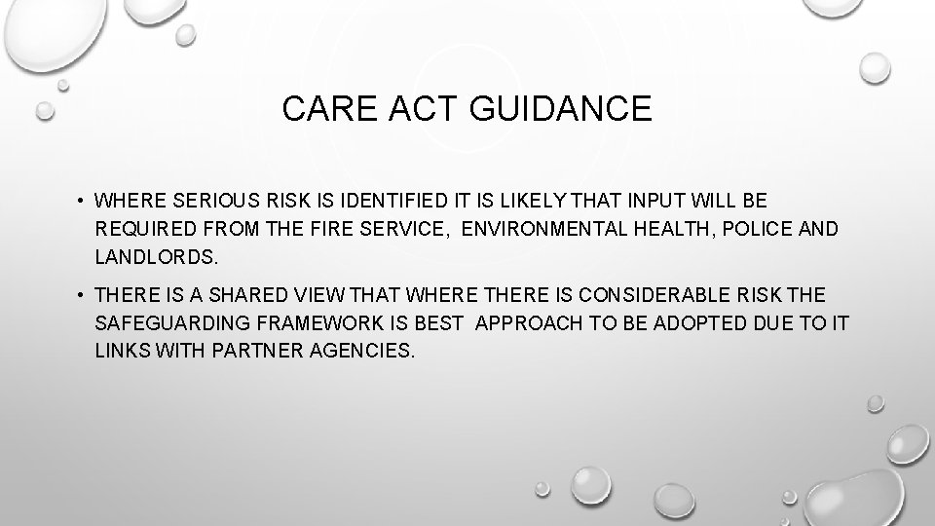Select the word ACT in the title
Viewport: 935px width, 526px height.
click(x=408, y=109)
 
